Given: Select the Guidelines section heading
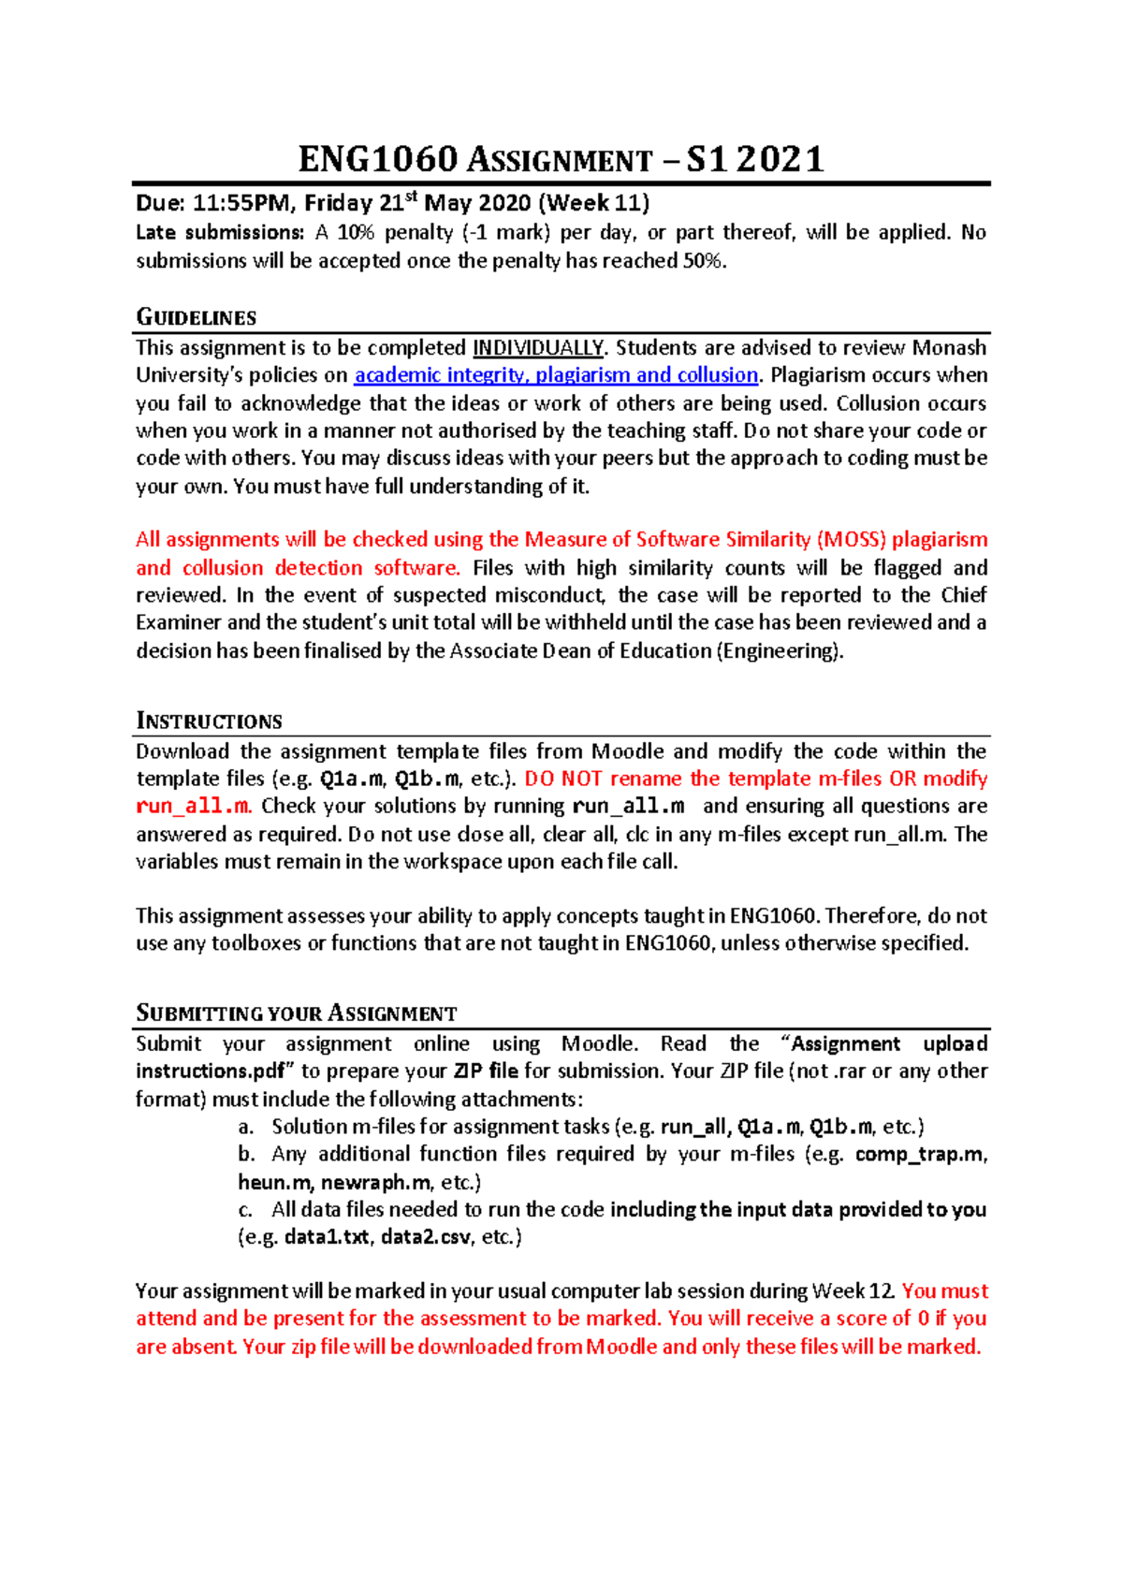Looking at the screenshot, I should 197,317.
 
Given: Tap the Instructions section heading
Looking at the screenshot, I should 209,721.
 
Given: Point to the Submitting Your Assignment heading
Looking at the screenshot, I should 296,1013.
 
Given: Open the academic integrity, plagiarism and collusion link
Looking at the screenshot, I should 556,375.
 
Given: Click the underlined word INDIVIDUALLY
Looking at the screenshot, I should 538,348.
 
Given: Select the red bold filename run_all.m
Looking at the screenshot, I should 193,806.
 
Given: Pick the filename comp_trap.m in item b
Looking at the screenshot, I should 919,1154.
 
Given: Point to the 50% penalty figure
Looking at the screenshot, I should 703,261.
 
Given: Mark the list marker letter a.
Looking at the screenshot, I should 246,1127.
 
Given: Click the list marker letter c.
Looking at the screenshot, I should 245,1209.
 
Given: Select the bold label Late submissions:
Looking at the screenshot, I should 220,232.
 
